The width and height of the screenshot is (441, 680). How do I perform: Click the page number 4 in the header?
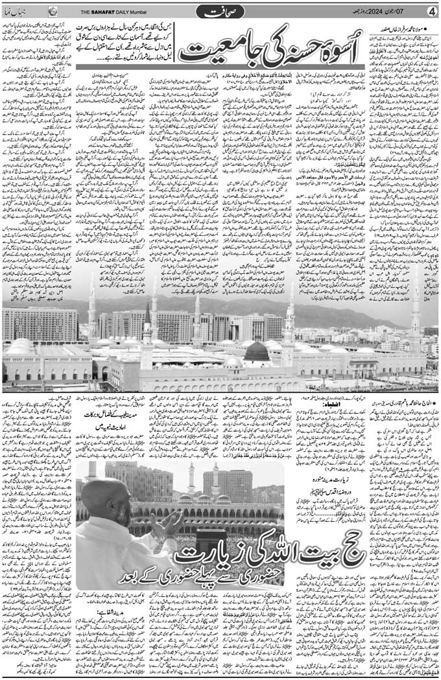coord(433,10)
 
